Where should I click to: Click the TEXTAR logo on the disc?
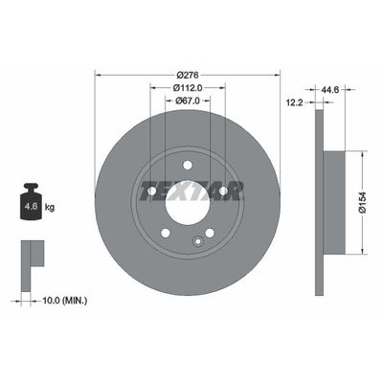click(x=188, y=185)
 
